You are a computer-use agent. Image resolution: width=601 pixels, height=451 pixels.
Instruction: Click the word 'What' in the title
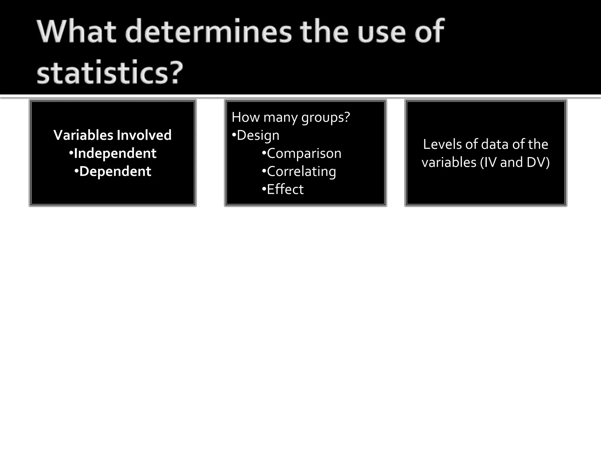coord(77,31)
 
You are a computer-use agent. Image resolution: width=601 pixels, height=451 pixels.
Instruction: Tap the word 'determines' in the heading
coord(208,31)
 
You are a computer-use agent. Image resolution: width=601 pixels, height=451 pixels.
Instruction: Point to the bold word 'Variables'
coord(83,135)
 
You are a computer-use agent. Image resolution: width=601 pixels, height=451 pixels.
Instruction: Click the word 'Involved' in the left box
coord(144,135)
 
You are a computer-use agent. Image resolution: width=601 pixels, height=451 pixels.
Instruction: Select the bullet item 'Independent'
coord(115,153)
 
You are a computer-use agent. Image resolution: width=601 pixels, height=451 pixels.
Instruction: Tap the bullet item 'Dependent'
coord(115,171)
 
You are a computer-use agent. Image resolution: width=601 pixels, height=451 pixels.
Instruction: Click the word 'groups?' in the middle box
coord(325,117)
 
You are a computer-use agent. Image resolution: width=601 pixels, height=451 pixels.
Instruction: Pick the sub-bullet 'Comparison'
coord(304,154)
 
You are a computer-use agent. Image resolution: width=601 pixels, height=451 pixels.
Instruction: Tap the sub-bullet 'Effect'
coord(285,189)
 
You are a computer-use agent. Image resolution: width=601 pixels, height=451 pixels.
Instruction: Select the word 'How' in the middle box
coord(246,117)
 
